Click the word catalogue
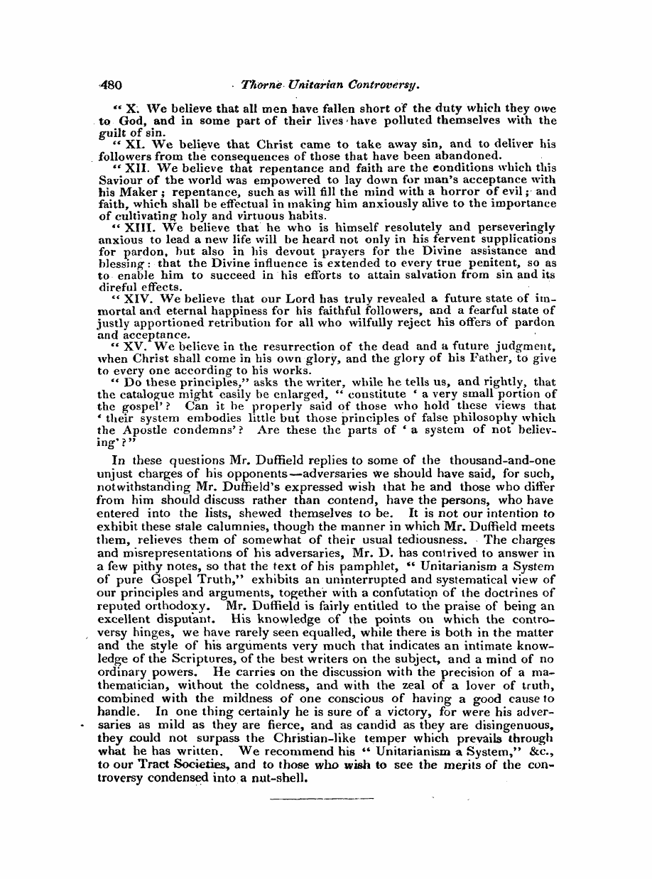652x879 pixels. tap(145, 395)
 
